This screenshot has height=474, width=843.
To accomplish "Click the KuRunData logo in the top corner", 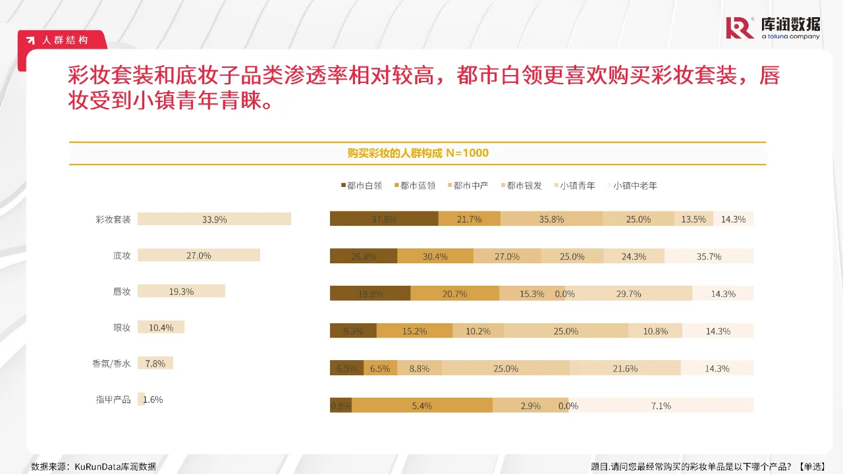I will coord(773,28).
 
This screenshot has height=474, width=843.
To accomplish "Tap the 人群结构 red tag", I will coord(64,40).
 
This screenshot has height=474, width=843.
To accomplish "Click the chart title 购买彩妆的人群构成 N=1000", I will coord(418,153).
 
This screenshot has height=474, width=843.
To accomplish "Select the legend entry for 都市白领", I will coord(361,186).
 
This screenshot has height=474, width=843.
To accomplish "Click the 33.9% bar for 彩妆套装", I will coord(214,219).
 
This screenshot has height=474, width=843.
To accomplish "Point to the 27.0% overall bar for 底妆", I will coord(198,255).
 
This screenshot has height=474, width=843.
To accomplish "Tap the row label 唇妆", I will coord(122,292).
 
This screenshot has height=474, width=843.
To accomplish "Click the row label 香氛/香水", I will coord(111,363).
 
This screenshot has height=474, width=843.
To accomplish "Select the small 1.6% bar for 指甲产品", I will coord(141,399).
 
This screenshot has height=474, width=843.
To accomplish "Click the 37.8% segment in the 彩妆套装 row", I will coord(384,219).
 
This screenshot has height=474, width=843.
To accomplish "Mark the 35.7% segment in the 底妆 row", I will coord(709,256).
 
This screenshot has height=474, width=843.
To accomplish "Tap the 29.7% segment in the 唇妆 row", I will coord(628,294).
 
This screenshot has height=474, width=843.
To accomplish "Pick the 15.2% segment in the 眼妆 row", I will coord(414,330).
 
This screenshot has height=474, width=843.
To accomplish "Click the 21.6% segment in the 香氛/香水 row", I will coord(624,368).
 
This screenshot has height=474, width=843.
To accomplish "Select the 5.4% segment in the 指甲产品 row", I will coord(421,406).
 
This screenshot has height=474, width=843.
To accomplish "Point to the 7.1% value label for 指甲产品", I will coord(661,406).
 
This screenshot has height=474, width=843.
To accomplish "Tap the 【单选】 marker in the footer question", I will coord(811,467).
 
